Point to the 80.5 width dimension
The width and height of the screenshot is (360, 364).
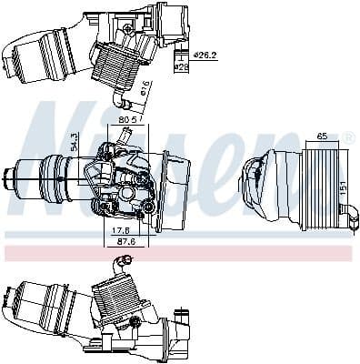127,118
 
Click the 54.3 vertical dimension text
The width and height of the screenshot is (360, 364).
75,144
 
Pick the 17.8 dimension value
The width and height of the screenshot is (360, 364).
121,229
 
